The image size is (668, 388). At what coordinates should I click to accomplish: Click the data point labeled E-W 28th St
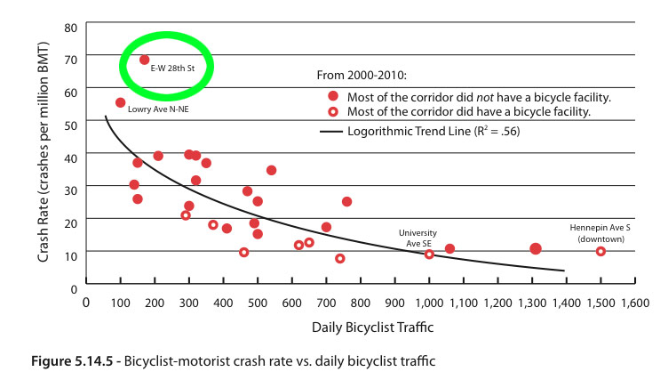pos(144,60)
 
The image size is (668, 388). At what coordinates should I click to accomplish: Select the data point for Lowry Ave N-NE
pos(121,102)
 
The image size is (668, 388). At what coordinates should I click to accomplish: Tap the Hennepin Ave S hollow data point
pos(600,251)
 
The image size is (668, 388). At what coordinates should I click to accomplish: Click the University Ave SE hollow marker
pos(429,254)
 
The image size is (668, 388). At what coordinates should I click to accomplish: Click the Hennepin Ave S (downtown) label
pos(600,233)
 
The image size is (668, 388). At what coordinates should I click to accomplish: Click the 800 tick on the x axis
pos(361,303)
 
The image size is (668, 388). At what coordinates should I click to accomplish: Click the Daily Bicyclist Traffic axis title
pos(372,327)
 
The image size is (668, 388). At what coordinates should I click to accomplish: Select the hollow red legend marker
pos(333,113)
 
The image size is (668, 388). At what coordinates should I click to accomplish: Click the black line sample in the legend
pos(330,132)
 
